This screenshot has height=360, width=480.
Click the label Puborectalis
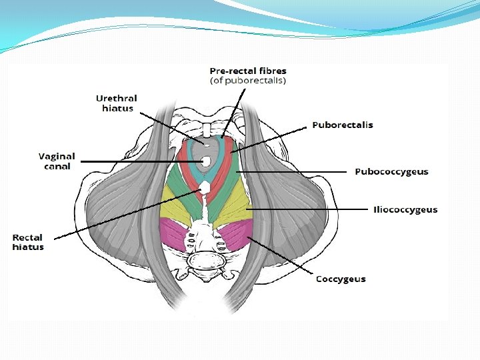point(343,125)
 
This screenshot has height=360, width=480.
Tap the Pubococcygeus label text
point(391,171)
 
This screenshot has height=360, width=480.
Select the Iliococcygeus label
point(405,209)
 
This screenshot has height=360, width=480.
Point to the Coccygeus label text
point(340,279)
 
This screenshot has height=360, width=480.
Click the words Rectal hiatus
point(28,242)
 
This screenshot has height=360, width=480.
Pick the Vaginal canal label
point(57,161)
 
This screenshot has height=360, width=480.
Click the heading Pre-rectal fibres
point(248,70)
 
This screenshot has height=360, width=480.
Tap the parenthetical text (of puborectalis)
point(248,81)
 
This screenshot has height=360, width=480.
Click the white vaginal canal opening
point(206,161)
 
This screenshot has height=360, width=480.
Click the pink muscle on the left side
point(174,233)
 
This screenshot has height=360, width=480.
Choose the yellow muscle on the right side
point(233,211)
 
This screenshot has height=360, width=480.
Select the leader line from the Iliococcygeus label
point(307,209)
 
